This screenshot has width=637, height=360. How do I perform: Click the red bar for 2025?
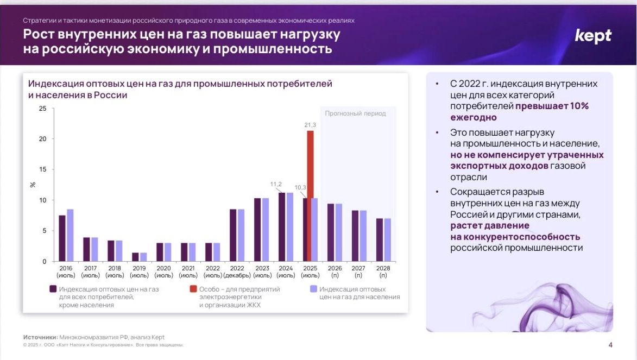[x=310, y=196]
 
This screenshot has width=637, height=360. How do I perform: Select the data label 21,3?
[x=310, y=125]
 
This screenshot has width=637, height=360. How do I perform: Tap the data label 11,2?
[x=276, y=184]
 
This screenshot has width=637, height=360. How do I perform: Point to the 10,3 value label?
[x=300, y=187]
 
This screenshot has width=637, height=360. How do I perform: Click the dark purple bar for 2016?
[x=62, y=238]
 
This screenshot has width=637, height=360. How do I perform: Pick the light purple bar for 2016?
[x=70, y=235]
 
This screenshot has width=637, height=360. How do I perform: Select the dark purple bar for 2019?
[x=135, y=257]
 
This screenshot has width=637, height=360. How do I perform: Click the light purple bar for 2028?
[x=387, y=240]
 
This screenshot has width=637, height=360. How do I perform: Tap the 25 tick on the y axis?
[x=43, y=109]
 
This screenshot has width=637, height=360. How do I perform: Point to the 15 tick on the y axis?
[x=43, y=170]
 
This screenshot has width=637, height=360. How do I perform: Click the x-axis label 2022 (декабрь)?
[x=237, y=271]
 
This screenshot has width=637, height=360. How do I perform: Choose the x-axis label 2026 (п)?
[x=335, y=271]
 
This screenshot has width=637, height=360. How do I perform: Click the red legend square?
[x=193, y=289]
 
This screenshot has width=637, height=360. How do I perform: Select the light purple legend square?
[x=313, y=289]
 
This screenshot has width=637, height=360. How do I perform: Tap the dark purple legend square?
[x=53, y=289]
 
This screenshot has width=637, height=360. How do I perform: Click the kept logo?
[x=593, y=36]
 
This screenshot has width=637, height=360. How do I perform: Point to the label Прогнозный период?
[x=355, y=113]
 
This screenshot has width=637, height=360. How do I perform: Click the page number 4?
[x=610, y=345]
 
